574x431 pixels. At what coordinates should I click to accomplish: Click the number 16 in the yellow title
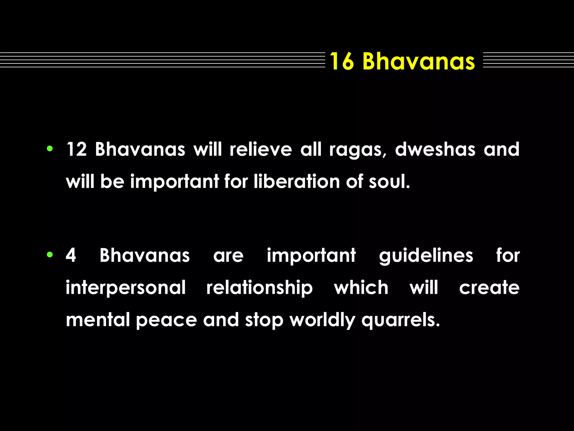(341, 61)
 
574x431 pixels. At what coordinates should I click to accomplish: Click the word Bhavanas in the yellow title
(418, 61)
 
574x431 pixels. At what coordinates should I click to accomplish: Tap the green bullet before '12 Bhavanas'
(50, 149)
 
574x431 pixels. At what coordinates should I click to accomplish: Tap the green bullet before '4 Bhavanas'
(50, 255)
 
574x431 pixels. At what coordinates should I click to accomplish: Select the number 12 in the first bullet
(76, 149)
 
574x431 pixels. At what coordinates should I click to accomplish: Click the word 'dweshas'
(435, 149)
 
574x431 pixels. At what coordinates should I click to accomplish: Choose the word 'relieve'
(261, 149)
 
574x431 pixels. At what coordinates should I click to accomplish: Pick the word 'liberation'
(297, 181)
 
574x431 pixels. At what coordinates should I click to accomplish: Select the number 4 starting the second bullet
(71, 255)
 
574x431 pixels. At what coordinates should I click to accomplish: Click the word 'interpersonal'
(126, 288)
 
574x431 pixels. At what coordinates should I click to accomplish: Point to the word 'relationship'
(260, 288)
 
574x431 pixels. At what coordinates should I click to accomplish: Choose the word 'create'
(489, 288)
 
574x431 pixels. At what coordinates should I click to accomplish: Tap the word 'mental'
(98, 320)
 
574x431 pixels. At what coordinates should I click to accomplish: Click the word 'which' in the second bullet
(361, 288)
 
